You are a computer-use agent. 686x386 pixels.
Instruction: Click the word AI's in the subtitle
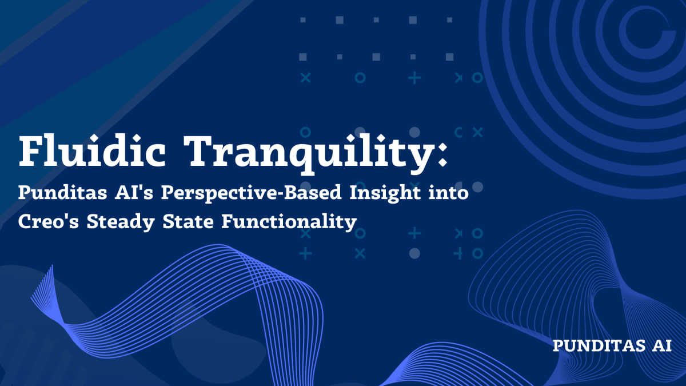click(137, 194)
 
